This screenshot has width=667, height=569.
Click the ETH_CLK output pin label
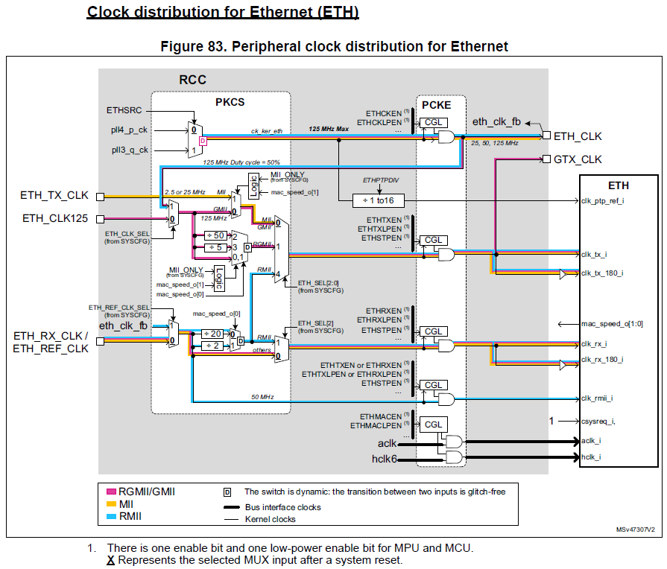(x=578, y=136)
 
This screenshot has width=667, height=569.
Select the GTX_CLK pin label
(x=577, y=159)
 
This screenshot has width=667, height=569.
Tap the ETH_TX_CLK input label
(x=54, y=196)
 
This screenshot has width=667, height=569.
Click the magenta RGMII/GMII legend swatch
(x=112, y=492)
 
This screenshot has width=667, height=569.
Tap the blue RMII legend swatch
(x=112, y=515)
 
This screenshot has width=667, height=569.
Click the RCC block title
(x=192, y=80)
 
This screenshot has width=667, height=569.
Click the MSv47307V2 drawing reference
(x=635, y=529)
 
